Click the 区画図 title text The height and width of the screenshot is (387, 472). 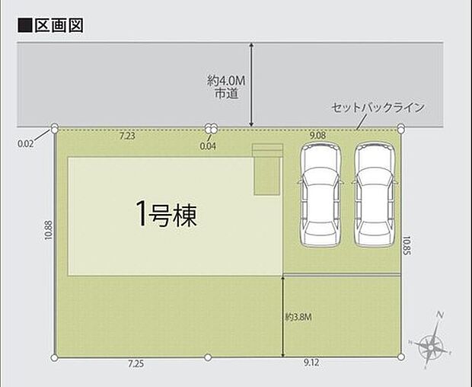pos(56,24)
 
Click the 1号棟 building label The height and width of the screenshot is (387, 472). pos(166,216)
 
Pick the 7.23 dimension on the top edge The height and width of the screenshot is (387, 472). pos(127,136)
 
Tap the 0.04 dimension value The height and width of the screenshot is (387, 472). pos(207,145)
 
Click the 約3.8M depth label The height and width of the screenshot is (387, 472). pos(300,318)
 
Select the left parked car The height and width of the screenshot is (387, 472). pos(321,195)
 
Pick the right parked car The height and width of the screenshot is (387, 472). pos(375,195)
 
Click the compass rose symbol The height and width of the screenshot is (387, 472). pos(432,344)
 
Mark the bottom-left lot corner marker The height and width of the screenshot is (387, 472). pos(55,357)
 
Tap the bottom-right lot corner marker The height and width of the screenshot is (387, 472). pos(400,357)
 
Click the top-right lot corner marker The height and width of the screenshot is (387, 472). pos(400,128)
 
